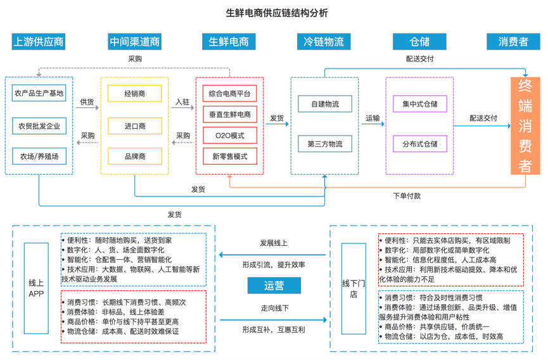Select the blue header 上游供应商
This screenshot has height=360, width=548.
tap(39, 42)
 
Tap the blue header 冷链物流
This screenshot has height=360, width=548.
tap(324, 42)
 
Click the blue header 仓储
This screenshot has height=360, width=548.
tap(419, 42)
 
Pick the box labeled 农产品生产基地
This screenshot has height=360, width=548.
tap(39, 94)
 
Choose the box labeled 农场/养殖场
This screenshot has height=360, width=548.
tap(39, 156)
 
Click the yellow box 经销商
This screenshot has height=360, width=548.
tap(134, 94)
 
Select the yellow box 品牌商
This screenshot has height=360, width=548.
tap(134, 156)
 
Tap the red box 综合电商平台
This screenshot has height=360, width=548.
tap(229, 94)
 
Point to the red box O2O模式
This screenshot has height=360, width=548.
tap(229, 135)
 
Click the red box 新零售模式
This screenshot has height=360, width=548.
tap(229, 156)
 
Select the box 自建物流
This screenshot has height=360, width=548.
tap(324, 104)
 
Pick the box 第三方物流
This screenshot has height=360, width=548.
tap(324, 145)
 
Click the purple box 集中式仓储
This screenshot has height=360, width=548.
tap(419, 104)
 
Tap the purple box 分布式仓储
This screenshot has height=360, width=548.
tap(419, 145)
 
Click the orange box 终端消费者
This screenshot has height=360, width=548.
tap(525, 126)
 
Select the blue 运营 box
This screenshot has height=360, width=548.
tap(274, 286)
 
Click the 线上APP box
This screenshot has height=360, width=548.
tap(36, 288)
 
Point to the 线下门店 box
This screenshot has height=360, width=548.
tap(354, 288)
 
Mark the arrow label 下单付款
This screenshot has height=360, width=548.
tap(406, 196)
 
